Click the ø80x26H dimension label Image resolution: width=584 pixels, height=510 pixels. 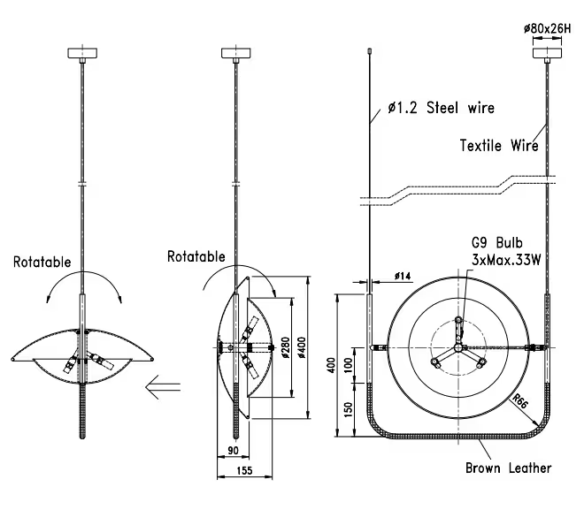tap(549, 29)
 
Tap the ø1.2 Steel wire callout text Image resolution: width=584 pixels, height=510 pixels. tap(440, 110)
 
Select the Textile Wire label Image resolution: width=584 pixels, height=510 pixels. tap(498, 145)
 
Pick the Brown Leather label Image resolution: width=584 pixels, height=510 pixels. tap(509, 468)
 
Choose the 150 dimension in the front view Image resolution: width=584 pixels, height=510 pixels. tap(347, 410)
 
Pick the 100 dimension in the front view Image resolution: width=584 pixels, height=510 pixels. tap(347, 364)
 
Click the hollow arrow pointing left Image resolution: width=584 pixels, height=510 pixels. tap(165, 385)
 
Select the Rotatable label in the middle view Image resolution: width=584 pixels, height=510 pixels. tap(196, 256)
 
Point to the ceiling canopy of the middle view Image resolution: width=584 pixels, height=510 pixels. tap(236, 51)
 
